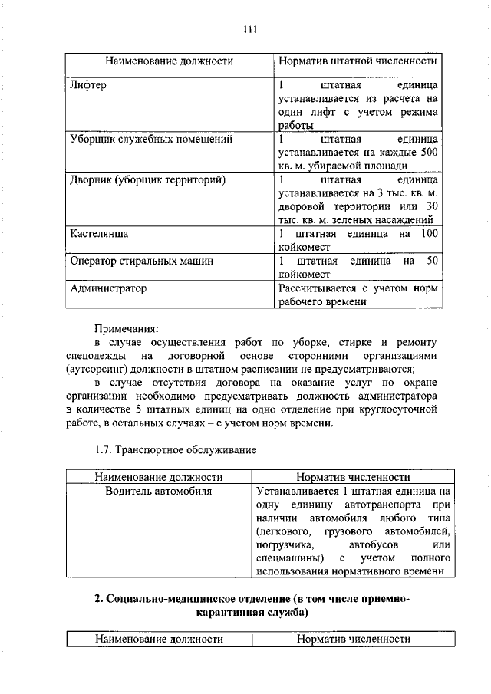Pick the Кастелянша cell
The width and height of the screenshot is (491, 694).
pos(98,233)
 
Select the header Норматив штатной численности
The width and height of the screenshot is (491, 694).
pos(358,60)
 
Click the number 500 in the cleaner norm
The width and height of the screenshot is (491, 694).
pos(429,153)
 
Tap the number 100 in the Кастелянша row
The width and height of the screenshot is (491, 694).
pos(429,233)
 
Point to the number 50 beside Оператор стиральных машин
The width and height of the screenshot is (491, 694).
pos(432,261)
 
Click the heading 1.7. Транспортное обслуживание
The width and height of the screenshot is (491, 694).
pos(175,448)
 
